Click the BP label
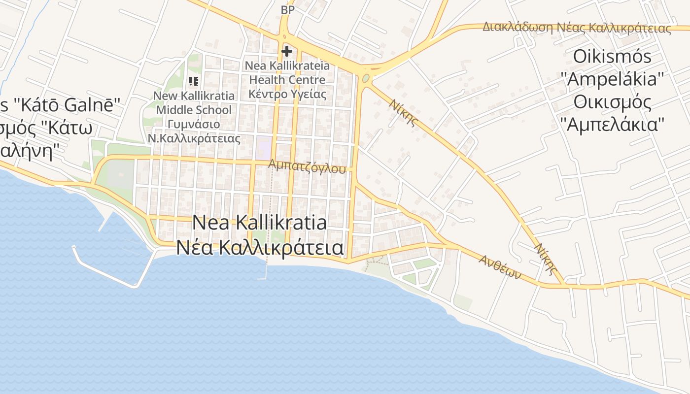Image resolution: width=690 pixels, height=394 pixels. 287,10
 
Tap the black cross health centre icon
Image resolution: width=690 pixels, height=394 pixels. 287,51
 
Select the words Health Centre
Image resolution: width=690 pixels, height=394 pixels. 287,80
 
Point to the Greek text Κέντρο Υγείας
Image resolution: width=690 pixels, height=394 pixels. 287,94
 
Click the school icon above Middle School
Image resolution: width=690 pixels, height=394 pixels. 194,81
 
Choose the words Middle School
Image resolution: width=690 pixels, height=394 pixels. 194,110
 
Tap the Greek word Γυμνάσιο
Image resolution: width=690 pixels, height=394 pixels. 194,124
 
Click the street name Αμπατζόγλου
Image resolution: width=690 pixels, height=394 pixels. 307,166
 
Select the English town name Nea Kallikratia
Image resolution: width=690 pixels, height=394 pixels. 259,223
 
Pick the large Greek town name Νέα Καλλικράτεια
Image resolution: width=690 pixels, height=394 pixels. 259,247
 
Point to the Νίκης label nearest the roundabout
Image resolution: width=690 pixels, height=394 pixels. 404,113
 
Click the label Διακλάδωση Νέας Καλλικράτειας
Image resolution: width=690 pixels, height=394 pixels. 577,28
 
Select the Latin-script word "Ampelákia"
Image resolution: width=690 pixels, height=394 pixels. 612,79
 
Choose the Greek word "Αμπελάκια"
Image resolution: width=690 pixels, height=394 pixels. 612,124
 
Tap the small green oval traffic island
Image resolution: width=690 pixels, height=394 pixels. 366,78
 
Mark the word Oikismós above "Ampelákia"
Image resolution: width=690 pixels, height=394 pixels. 612,57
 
